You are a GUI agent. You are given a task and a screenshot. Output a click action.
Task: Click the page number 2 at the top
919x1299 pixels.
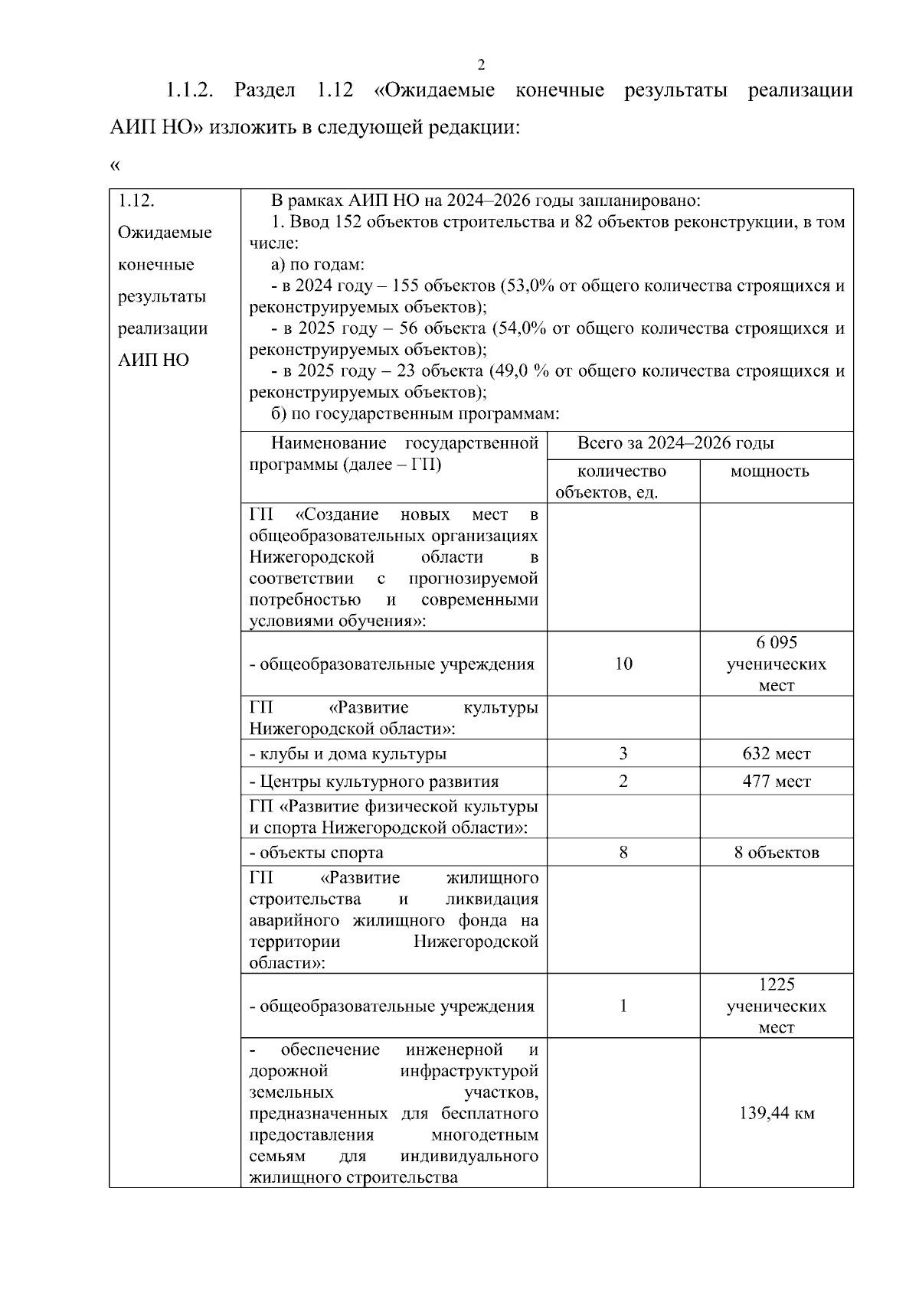[x=481, y=64]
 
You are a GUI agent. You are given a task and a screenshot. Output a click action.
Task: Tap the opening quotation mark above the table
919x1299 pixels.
[x=115, y=165]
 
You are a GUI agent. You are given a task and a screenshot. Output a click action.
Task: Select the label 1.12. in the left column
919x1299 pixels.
[x=136, y=201]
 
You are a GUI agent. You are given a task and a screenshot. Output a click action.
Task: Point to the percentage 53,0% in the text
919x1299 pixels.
[x=528, y=286]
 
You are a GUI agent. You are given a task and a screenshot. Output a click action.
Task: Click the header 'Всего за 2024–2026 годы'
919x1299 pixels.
[x=675, y=443]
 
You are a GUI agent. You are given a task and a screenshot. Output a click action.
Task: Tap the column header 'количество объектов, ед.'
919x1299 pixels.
[x=622, y=481]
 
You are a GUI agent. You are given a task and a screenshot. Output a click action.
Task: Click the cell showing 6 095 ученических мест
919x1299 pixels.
[x=776, y=664]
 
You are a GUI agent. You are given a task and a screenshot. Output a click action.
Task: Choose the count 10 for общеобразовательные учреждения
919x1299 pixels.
[x=623, y=664]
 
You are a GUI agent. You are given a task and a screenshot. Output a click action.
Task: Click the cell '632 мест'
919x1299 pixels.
[x=776, y=754]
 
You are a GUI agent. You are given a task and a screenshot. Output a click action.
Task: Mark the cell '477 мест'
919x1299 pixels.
[x=776, y=782]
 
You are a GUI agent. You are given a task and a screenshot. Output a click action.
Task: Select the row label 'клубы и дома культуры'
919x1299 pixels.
[x=348, y=754]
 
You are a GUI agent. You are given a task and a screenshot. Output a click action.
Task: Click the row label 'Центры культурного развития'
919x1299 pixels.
[x=374, y=782]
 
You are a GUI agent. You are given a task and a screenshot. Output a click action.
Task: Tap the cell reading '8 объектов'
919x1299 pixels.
[x=776, y=853]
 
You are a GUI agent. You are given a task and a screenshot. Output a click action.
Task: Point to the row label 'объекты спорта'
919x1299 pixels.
[x=316, y=853]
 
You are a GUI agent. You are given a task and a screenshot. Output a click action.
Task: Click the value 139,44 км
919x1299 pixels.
[x=776, y=1114]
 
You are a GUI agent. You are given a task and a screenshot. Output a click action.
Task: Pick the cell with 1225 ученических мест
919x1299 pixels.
[x=776, y=1006]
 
